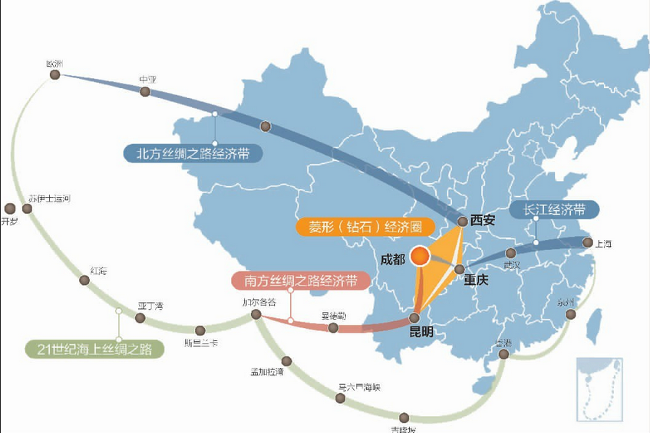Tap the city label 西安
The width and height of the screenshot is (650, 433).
tap(483, 220)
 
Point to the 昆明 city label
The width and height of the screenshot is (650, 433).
tap(421, 332)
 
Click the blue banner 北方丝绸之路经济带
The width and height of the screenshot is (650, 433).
tap(193, 153)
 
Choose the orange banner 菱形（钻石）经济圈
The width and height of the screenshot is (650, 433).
tap(365, 227)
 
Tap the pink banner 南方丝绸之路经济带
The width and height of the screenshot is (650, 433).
tap(301, 280)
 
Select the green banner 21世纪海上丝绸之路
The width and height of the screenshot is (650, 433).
tap(95, 349)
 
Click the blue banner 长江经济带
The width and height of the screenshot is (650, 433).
tap(554, 209)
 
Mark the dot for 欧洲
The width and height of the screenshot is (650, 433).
tap(54, 75)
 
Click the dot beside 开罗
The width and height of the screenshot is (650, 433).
tap(10, 208)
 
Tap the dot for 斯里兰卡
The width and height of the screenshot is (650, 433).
tap(200, 330)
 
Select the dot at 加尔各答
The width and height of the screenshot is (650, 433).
tap(256, 314)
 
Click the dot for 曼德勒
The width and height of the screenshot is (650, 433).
tap(333, 328)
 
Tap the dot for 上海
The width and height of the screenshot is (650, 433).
tap(588, 243)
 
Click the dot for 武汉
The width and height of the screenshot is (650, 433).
tap(511, 253)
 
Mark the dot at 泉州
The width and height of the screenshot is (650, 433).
tap(570, 314)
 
